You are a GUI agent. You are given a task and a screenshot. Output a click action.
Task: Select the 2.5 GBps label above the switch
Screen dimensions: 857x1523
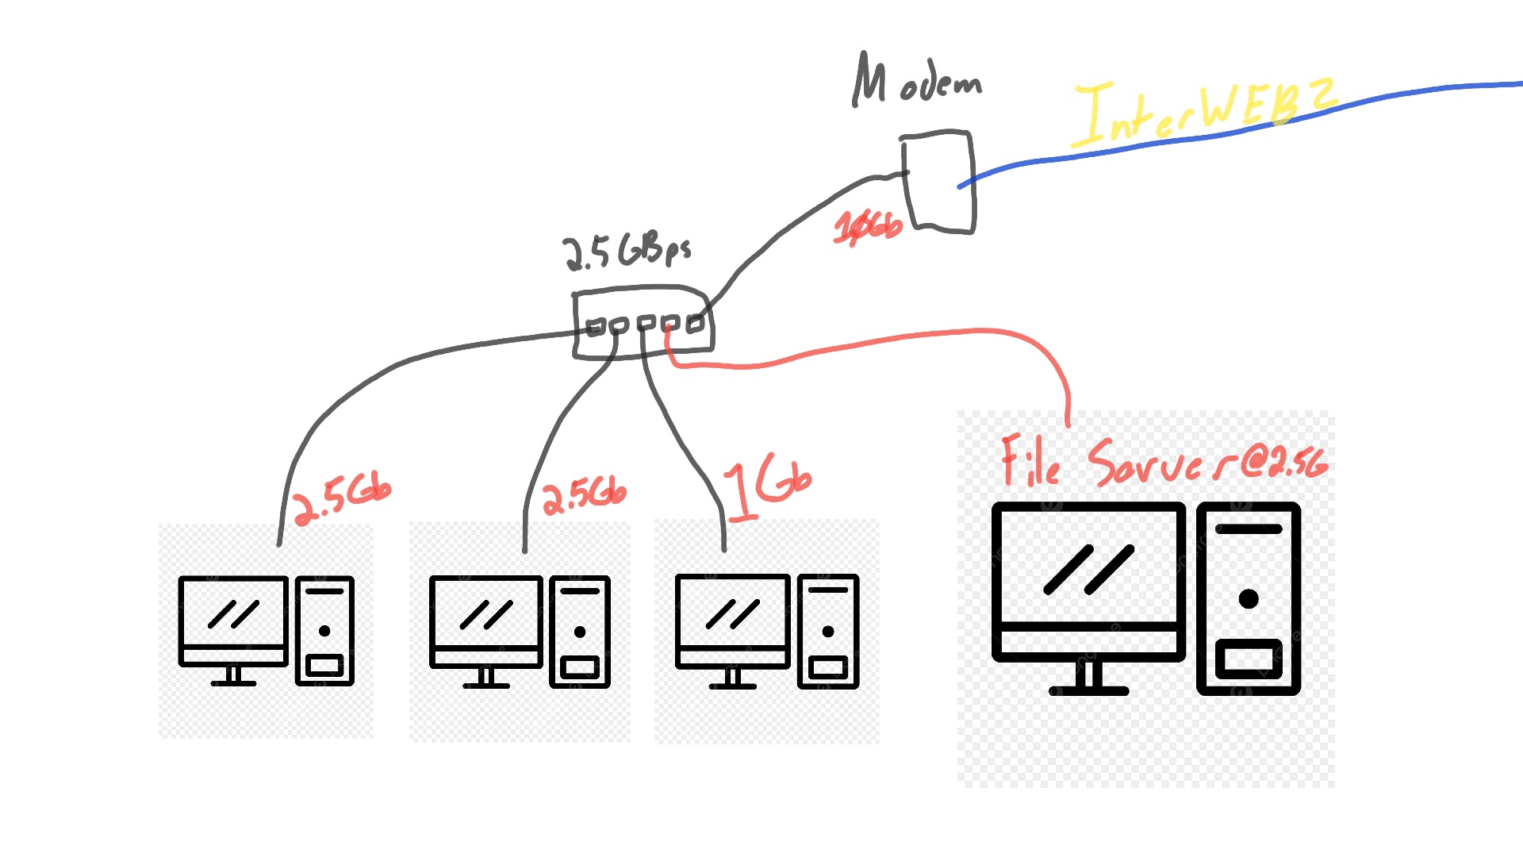(x=626, y=252)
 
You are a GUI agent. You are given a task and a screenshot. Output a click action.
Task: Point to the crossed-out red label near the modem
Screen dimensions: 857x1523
(x=868, y=226)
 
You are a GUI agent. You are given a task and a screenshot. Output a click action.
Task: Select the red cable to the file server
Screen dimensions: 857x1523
(x=873, y=341)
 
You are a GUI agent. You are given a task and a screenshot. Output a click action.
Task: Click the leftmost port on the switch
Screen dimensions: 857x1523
(x=595, y=326)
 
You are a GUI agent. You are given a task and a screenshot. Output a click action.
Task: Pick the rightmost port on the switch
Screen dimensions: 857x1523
(x=695, y=324)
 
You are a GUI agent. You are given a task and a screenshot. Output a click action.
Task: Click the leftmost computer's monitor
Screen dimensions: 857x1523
(x=233, y=613)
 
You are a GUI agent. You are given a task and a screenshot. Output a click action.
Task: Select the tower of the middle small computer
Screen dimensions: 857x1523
(x=580, y=631)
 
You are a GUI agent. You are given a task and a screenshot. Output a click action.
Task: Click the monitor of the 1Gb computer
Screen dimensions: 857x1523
(x=732, y=612)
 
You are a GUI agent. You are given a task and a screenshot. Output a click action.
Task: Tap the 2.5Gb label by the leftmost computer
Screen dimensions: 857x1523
(x=342, y=498)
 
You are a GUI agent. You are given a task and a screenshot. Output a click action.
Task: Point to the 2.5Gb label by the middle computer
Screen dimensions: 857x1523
(x=585, y=495)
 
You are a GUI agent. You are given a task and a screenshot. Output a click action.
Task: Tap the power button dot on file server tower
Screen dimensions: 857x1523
(x=1249, y=598)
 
